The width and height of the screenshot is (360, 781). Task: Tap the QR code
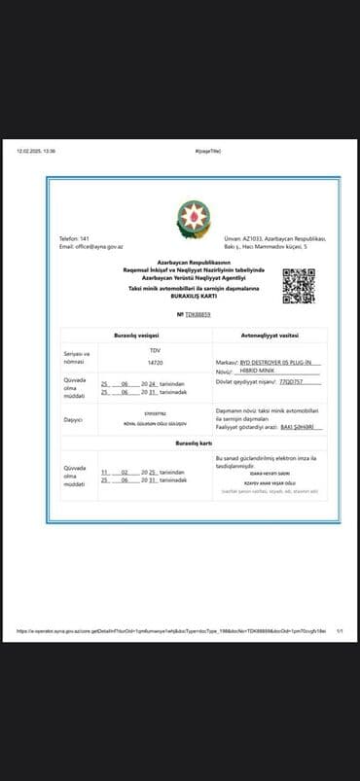click(x=298, y=285)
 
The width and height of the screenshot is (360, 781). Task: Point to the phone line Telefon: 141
click(x=75, y=238)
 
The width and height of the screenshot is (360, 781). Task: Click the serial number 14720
click(x=155, y=362)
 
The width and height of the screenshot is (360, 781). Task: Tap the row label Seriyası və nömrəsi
click(x=77, y=356)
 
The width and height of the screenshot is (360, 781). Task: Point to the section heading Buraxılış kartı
click(x=194, y=443)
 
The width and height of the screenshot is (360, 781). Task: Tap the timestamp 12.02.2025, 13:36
click(x=36, y=151)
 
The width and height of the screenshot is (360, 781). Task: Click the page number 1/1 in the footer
click(x=340, y=630)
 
